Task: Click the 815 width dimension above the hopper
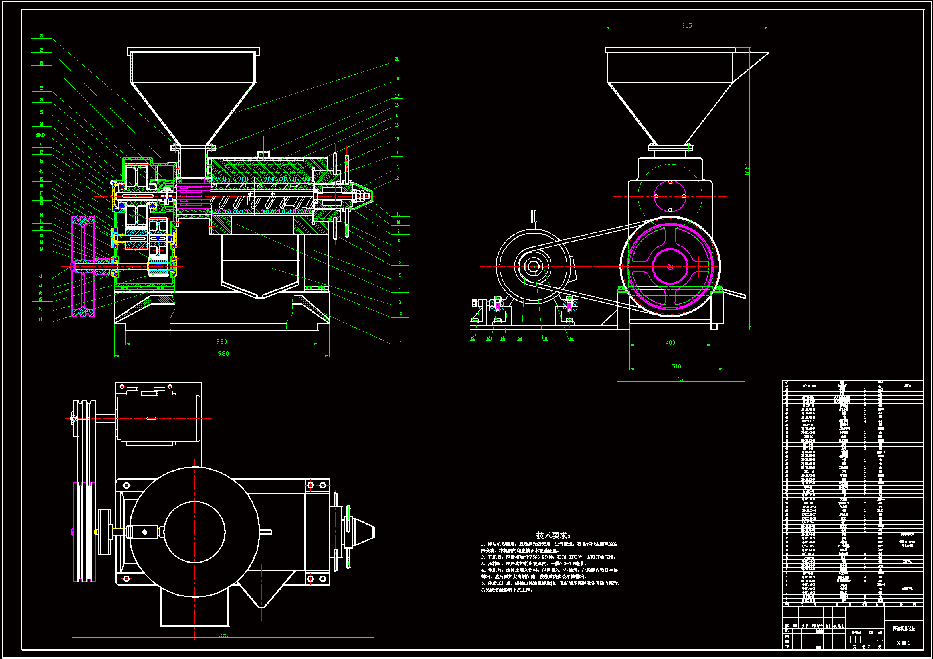[686, 25]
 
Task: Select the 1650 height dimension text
[747, 169]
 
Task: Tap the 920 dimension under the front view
[221, 341]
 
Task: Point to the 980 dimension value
[223, 353]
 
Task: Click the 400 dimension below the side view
[670, 342]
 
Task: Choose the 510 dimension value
[676, 366]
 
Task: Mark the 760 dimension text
[681, 379]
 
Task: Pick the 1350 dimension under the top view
[223, 635]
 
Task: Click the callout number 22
[42, 36]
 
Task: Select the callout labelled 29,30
[40, 135]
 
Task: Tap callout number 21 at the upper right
[397, 59]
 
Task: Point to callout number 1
[401, 340]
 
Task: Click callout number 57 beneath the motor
[571, 338]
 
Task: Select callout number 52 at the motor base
[472, 338]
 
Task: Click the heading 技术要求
[553, 535]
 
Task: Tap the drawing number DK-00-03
[903, 643]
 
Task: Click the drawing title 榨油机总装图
[904, 628]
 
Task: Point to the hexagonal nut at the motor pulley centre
[533, 267]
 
